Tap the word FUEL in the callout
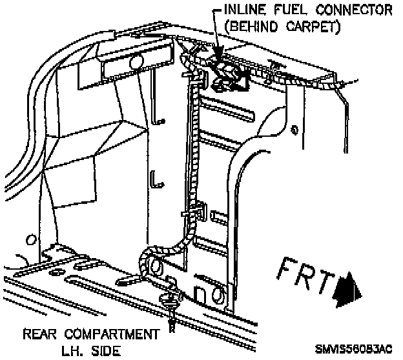tap(290, 11)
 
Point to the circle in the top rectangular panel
tap(136, 62)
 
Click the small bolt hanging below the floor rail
tap(172, 310)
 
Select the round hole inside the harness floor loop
tap(155, 266)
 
